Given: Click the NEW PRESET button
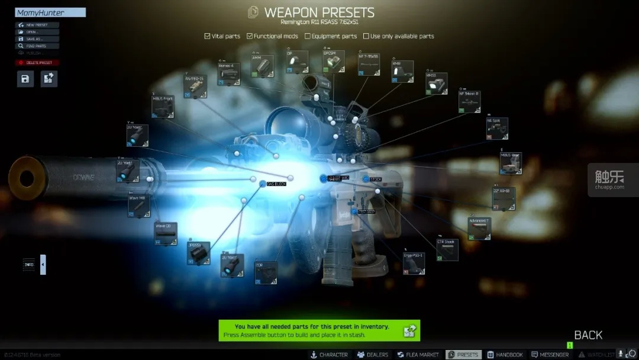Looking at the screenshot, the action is [37, 25].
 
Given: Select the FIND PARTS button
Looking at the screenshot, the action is [37, 46].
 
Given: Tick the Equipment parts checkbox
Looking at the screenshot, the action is [308, 36].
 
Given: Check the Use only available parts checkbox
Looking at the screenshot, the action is [366, 36].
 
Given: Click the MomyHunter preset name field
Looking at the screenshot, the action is [50, 12].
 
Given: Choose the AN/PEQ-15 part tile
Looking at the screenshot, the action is [195, 86].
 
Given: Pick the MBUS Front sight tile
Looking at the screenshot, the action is [163, 107].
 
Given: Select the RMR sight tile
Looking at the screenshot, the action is [403, 71].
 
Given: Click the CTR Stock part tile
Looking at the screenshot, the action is [447, 250].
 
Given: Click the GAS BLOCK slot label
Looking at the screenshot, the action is [276, 184].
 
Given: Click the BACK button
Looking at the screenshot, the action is [588, 335].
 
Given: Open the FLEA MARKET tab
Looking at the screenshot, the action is [418, 355].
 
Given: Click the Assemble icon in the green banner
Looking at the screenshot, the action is [409, 331].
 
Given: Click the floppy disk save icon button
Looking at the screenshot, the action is [25, 79].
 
